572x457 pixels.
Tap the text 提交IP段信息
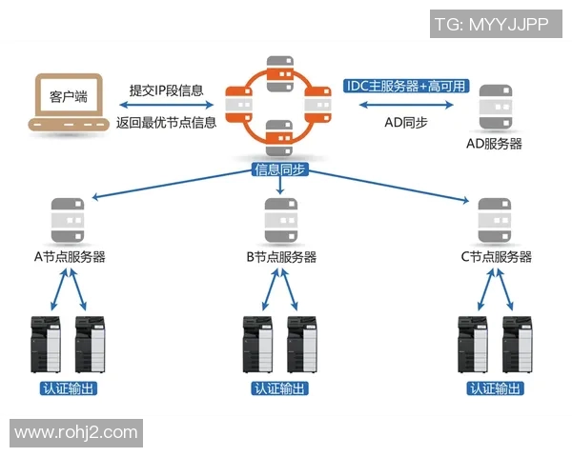pyautogui.click(x=167, y=90)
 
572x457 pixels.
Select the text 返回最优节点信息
pyautogui.click(x=167, y=122)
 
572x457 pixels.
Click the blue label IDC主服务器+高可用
pyautogui.click(x=405, y=86)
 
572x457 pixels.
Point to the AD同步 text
pyautogui.click(x=405, y=122)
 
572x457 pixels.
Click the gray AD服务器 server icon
pyautogui.click(x=494, y=108)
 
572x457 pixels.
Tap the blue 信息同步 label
pyautogui.click(x=279, y=169)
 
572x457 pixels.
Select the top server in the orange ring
pyautogui.click(x=278, y=73)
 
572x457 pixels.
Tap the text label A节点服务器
pyautogui.click(x=69, y=257)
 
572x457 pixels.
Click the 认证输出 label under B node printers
pyautogui.click(x=279, y=388)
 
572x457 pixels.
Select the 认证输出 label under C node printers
pyautogui.click(x=494, y=388)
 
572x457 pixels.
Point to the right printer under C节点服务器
pyautogui.click(x=516, y=343)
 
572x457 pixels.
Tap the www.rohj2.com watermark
pyautogui.click(x=76, y=432)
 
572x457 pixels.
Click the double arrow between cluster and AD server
pyautogui.click(x=405, y=105)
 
